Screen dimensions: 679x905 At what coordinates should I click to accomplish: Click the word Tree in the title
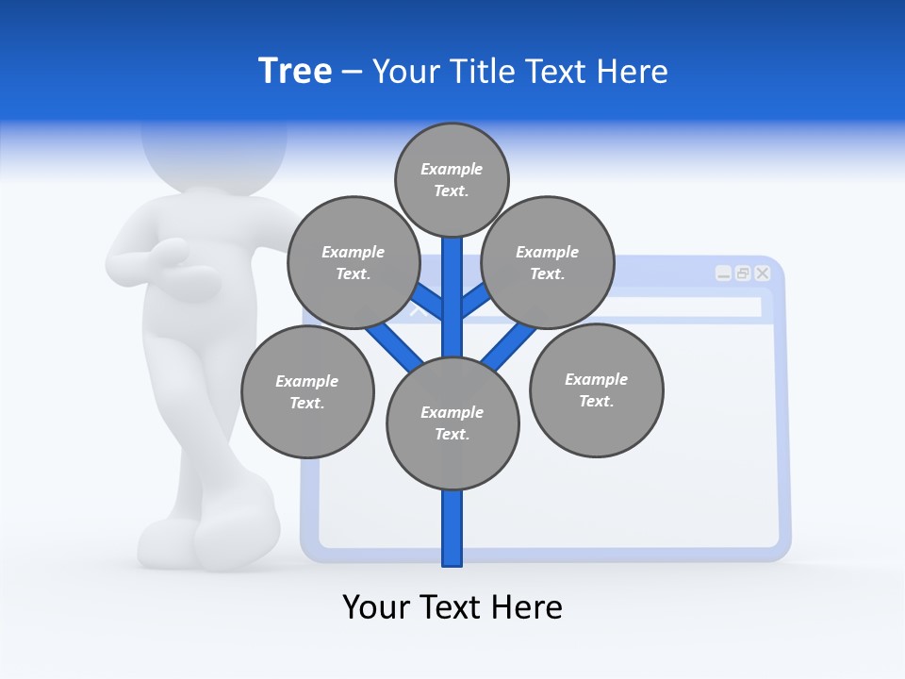coord(295,72)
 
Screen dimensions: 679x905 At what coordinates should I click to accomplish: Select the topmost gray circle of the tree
coord(452,179)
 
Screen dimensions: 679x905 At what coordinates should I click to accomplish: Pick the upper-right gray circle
coord(547,262)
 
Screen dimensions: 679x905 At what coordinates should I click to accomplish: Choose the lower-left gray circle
coord(306,391)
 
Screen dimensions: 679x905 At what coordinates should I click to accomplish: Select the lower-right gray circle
coord(596,389)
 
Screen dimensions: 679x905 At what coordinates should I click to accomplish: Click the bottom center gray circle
coord(452,423)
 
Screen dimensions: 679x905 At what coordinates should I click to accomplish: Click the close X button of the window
coord(763,273)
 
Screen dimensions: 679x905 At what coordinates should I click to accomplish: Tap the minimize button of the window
coord(723,273)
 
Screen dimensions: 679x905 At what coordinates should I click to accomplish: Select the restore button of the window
coord(743,273)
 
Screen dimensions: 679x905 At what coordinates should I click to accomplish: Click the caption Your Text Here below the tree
coord(452,606)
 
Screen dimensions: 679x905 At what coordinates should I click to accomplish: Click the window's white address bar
coord(660,307)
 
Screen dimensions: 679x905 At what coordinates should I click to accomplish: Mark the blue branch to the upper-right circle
coord(476,302)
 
